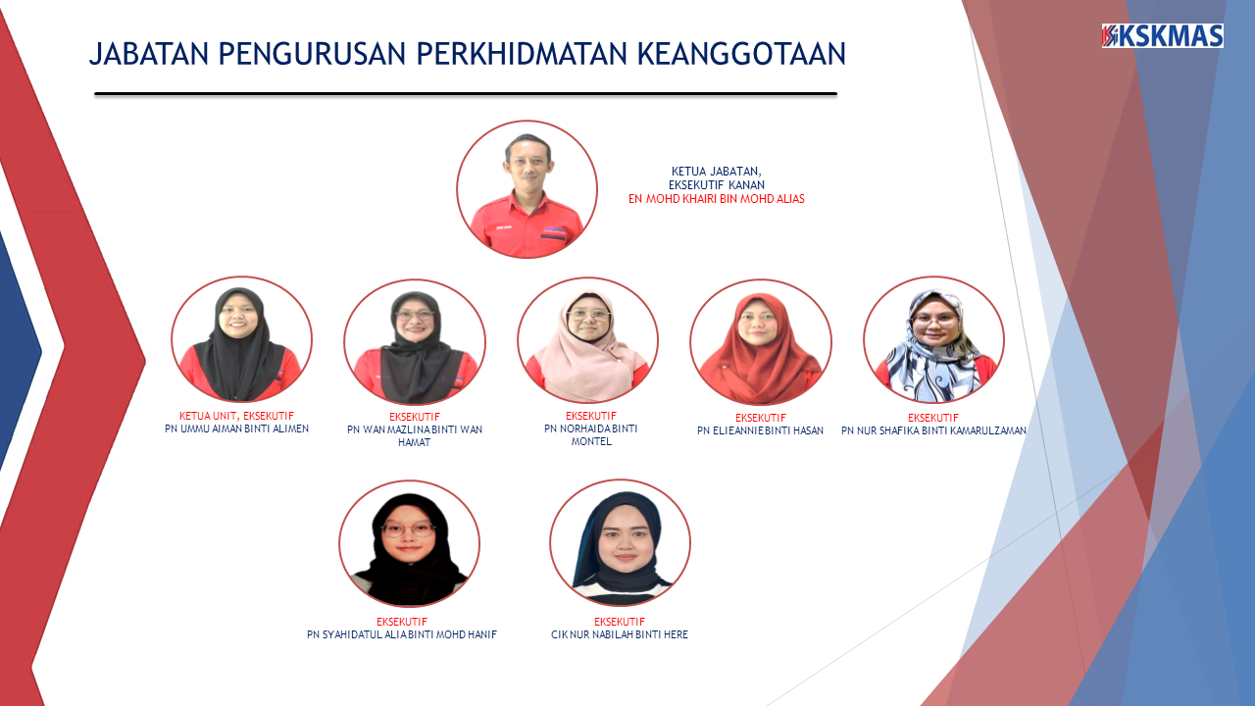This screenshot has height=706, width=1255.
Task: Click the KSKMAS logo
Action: pyautogui.click(x=1162, y=36)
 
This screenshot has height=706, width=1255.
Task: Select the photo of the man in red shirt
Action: pyautogui.click(x=527, y=189)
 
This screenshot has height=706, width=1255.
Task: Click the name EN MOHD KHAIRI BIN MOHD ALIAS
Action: pyautogui.click(x=716, y=199)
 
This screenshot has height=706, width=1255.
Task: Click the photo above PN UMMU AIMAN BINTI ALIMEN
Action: pyautogui.click(x=241, y=339)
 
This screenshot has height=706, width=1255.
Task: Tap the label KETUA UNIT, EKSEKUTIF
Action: pyautogui.click(x=236, y=416)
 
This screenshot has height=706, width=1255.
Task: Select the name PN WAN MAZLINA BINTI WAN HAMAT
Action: pyautogui.click(x=414, y=435)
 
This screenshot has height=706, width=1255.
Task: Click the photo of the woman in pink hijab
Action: pyautogui.click(x=587, y=340)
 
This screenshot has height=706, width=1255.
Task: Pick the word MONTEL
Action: pyautogui.click(x=591, y=441)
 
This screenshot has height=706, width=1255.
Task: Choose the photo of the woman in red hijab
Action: pyautogui.click(x=760, y=341)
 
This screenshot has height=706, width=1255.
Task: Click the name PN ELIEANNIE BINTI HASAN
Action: pyautogui.click(x=760, y=430)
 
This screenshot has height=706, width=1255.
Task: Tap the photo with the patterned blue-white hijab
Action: pyautogui.click(x=933, y=339)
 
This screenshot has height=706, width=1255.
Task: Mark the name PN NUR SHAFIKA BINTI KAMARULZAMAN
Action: pyautogui.click(x=933, y=430)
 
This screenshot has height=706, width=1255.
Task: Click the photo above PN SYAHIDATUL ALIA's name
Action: pyautogui.click(x=409, y=543)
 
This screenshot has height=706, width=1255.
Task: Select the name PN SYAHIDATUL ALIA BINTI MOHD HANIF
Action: pyautogui.click(x=402, y=634)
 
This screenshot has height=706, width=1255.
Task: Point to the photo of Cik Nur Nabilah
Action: pyautogui.click(x=620, y=542)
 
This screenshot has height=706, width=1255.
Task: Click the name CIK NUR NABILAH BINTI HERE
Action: pyautogui.click(x=620, y=634)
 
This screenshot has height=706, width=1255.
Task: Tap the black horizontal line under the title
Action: pyautogui.click(x=466, y=94)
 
